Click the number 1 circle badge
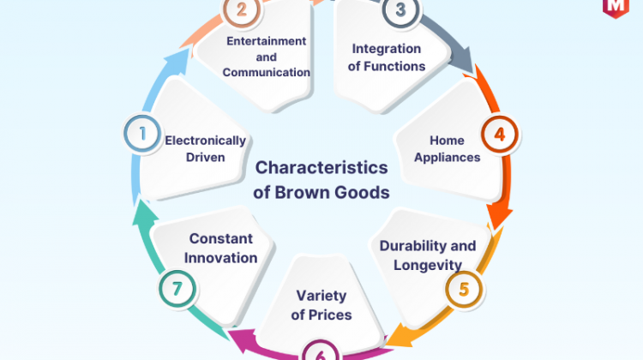point(142,134)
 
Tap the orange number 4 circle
point(500,134)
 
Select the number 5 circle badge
point(464,289)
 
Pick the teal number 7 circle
point(177,289)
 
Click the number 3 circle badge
point(400,9)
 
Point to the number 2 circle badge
point(242,9)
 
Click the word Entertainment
point(267,41)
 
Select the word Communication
point(266,72)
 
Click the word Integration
point(387,49)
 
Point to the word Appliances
point(447,158)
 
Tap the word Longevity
point(428,265)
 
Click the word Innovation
point(220,258)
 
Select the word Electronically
point(205,141)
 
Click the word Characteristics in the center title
point(321,167)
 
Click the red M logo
point(616,8)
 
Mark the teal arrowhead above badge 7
point(145,213)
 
